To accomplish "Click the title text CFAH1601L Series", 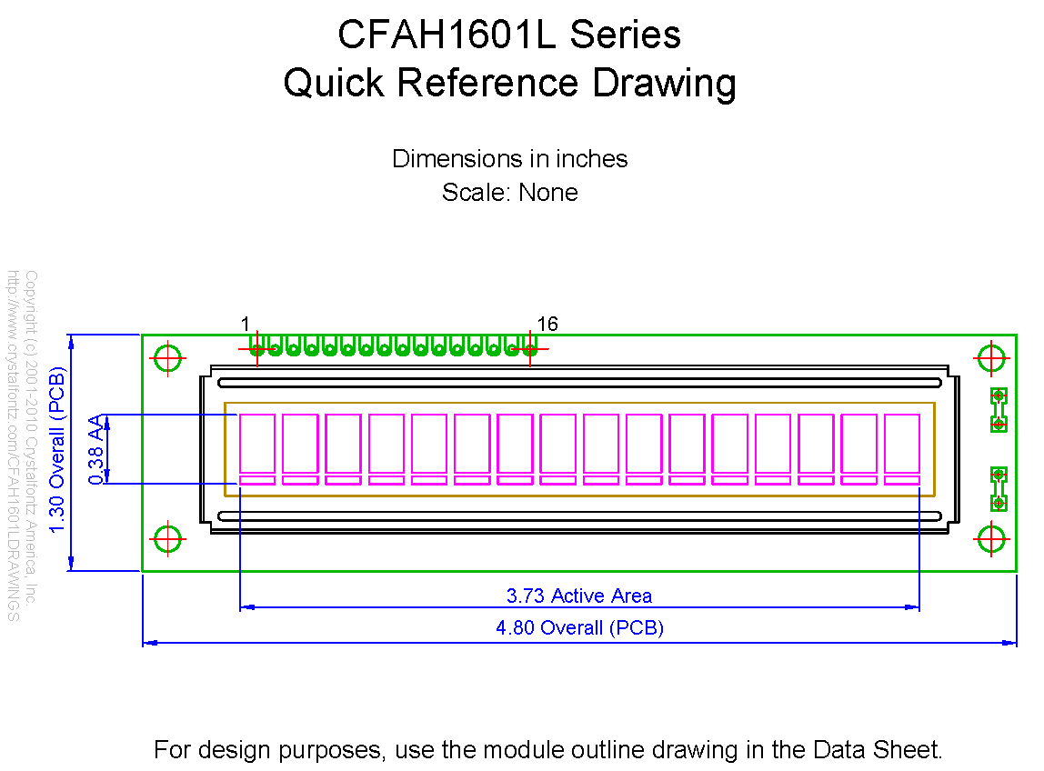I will tap(509, 35).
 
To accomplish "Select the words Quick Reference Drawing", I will tap(509, 83).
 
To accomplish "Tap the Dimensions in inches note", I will tap(509, 158).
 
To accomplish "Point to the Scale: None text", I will tap(509, 193).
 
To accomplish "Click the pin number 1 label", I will tap(246, 325).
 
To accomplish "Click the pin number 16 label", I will tap(547, 325).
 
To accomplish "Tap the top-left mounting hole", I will tap(168, 358).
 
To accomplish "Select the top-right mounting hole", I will tap(990, 358).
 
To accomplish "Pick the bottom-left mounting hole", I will tap(168, 539).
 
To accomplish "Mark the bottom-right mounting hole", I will tap(990, 539).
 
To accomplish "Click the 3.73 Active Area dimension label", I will tap(579, 596).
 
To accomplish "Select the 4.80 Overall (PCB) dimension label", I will tap(579, 627).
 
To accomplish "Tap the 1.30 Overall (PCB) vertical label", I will tap(58, 453).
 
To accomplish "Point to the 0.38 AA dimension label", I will tap(95, 449).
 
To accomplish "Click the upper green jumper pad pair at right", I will tap(999, 409).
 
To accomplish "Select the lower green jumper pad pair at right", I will tap(999, 488).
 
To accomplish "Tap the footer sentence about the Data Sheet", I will tap(547, 750).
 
